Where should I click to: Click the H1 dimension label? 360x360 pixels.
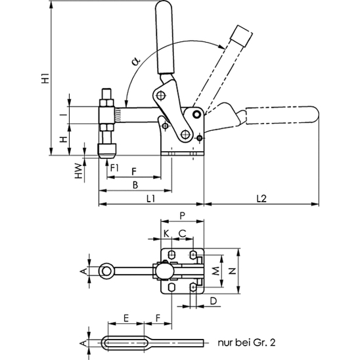(x=45, y=78)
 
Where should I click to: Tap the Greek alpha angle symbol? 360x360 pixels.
(x=135, y=61)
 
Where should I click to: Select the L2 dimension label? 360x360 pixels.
(x=261, y=198)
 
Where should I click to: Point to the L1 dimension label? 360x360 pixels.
(x=150, y=198)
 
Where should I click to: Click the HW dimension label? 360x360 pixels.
(x=79, y=171)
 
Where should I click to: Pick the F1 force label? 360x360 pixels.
(x=114, y=168)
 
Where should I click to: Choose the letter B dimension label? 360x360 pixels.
(x=135, y=185)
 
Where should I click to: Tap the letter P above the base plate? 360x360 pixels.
(x=182, y=215)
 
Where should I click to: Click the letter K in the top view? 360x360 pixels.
(x=166, y=234)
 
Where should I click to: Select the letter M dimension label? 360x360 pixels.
(x=215, y=271)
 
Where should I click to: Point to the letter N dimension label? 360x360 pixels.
(x=233, y=271)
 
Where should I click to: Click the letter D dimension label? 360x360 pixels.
(x=214, y=301)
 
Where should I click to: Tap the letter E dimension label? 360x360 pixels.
(x=126, y=318)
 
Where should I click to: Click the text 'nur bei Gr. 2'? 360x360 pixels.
(x=246, y=343)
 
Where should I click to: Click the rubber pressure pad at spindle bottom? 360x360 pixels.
(x=107, y=150)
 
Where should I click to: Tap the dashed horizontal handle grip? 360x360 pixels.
(x=282, y=115)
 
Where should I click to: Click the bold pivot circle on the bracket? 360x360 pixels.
(x=196, y=114)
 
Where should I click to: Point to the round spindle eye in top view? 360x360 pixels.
(x=106, y=271)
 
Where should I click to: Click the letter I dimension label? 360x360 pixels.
(x=66, y=115)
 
